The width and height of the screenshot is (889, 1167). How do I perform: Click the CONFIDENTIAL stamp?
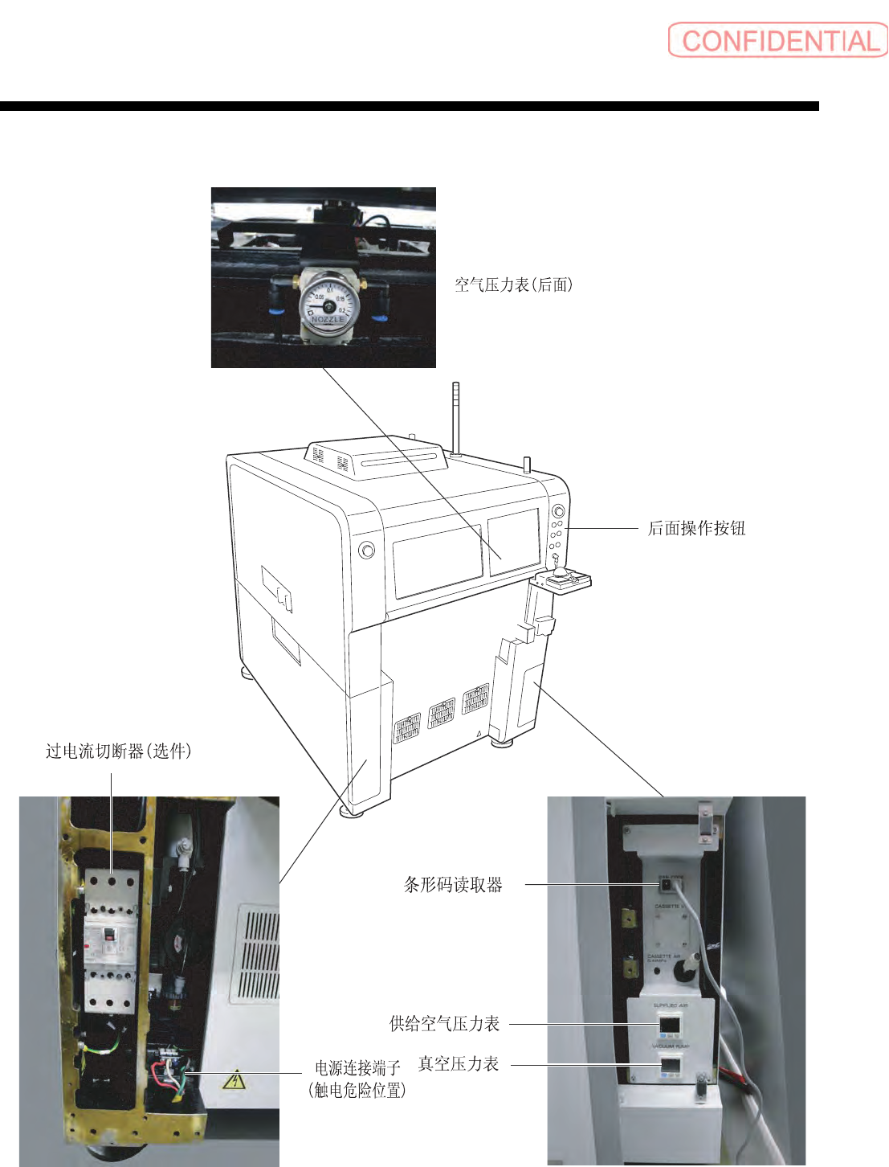pos(777,40)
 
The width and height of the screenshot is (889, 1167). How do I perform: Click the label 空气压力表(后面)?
pos(514,285)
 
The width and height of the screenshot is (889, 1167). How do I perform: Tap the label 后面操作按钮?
pos(696,528)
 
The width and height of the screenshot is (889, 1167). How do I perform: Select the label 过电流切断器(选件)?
pos(118,751)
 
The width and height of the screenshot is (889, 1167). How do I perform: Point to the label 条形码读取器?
pos(453,885)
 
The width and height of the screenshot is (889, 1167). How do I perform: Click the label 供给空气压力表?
pos(444,1023)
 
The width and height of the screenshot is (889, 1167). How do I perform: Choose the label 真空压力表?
pos(459,1063)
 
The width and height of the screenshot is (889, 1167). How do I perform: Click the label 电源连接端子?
pos(357,1067)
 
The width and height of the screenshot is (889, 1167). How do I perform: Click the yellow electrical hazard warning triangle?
pos(234,1080)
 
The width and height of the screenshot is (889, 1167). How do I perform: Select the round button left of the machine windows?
pos(366,550)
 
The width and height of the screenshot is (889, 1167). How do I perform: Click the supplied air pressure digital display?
pos(670,1025)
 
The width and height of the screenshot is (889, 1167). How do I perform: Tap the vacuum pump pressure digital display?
pos(670,1065)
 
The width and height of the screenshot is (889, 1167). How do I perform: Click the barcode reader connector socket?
pos(666,886)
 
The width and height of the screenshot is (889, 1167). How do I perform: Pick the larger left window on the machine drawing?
pos(438,560)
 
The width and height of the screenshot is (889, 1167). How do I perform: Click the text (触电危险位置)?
pos(357,1090)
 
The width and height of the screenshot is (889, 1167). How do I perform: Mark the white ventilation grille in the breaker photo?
pos(259,955)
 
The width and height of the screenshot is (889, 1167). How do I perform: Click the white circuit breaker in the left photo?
pos(109,940)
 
